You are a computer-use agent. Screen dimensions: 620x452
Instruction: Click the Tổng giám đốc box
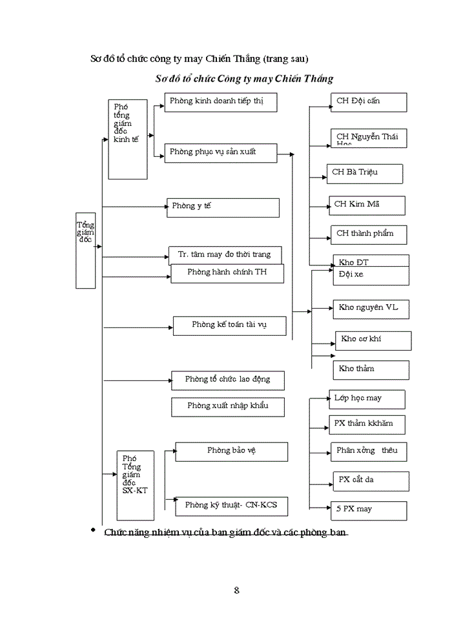pos(86,250)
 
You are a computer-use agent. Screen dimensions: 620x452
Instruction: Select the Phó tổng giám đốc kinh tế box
pos(127,139)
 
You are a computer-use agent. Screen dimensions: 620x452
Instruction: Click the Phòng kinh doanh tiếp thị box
pos(212,102)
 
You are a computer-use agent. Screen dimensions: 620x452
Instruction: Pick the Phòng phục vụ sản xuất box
pos(220,152)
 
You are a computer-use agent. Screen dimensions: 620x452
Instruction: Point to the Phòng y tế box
pos(223,207)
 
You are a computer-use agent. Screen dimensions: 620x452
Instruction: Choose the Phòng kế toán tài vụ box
pos(229,325)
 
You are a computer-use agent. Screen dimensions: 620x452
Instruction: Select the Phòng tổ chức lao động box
pos(228,380)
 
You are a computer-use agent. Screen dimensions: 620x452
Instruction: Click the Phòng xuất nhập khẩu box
pos(228,407)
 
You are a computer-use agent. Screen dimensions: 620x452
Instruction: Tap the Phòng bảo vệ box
pos(231,451)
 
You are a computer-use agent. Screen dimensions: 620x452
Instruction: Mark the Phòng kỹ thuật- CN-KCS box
pos(231,506)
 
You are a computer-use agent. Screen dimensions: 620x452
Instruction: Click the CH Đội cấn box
pos(368,102)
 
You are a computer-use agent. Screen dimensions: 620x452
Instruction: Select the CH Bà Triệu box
pos(365,173)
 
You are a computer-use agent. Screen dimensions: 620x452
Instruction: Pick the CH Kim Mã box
pos(367,205)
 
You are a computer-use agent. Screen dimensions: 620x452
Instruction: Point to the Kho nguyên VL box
pos(371,309)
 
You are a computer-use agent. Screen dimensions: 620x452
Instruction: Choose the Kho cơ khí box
pos(373,340)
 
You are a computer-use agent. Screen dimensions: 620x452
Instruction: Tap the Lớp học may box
pos(367,399)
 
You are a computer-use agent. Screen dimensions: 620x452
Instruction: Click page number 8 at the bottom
pos(236,590)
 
